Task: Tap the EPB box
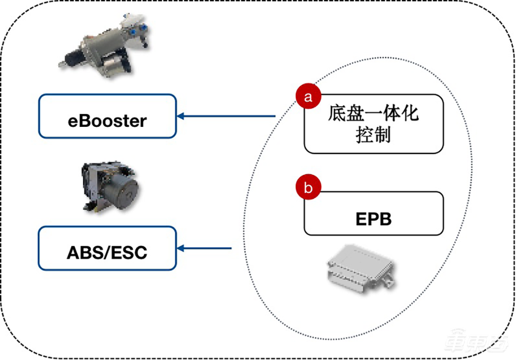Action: (373, 214)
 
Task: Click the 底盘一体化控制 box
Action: (373, 123)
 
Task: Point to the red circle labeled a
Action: (308, 97)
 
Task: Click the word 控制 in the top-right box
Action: (373, 135)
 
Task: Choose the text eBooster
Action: (107, 120)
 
